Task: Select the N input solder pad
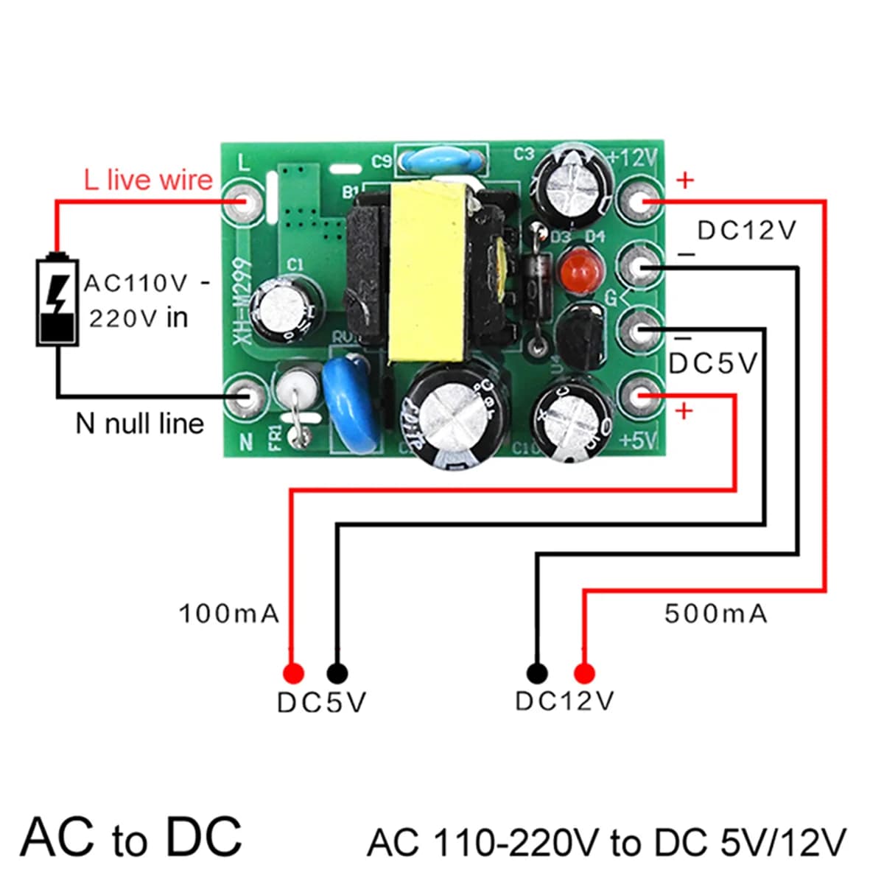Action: click(x=245, y=397)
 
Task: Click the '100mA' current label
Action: click(x=229, y=613)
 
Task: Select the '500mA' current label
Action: click(x=715, y=613)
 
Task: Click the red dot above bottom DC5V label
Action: click(x=292, y=673)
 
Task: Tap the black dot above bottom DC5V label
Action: click(x=337, y=673)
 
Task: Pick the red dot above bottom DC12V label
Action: click(x=584, y=673)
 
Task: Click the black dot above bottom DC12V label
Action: click(x=537, y=673)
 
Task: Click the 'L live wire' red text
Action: click(x=148, y=180)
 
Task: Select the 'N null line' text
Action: click(x=140, y=424)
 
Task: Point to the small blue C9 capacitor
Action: click(x=441, y=160)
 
